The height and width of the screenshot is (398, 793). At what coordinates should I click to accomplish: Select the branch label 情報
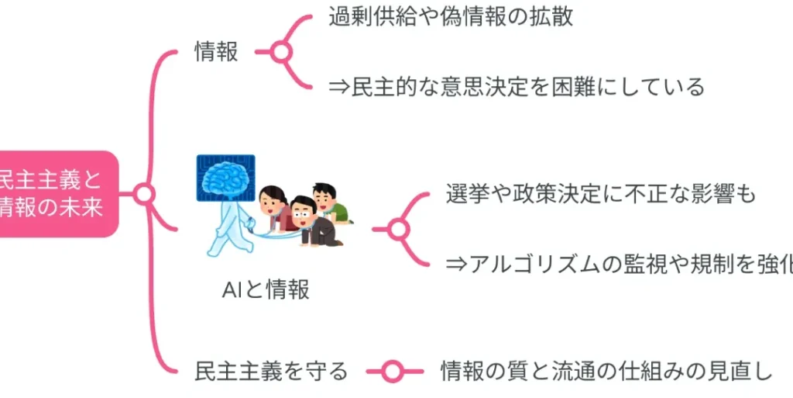[216, 52]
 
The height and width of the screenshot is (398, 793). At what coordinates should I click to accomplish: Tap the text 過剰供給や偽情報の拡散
[451, 17]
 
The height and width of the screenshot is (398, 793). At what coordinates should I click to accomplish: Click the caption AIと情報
[266, 289]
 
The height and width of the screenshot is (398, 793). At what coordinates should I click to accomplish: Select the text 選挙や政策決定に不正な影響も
[601, 194]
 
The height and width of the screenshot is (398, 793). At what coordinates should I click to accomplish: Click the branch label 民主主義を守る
[271, 372]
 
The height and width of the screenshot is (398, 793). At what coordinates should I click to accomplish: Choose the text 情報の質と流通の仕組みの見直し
[606, 372]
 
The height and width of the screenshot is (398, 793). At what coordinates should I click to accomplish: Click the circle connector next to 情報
[281, 52]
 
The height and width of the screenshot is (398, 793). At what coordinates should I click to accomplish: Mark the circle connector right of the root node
[144, 194]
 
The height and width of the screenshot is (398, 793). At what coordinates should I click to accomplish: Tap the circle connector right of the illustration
[399, 229]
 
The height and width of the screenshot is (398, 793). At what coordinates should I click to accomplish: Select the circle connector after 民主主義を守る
[393, 372]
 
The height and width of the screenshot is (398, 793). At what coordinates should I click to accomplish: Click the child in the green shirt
[328, 203]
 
